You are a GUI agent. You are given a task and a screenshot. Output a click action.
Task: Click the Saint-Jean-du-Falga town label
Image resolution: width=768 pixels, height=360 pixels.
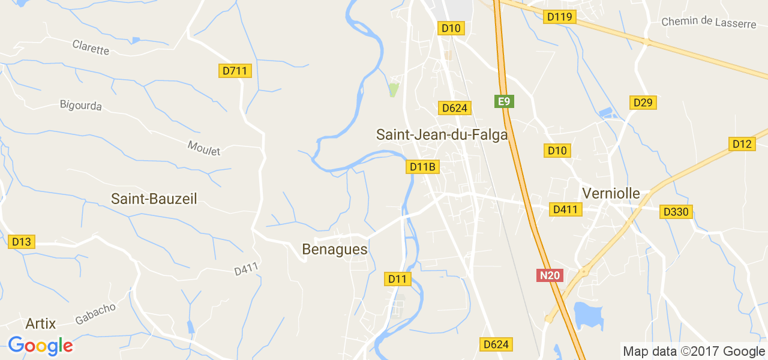pyautogui.click(x=442, y=134)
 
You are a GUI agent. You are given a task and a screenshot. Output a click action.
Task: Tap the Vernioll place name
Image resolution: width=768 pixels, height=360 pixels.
pyautogui.click(x=611, y=194)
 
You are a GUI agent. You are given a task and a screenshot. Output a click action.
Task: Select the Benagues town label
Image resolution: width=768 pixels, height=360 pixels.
pyautogui.click(x=335, y=249)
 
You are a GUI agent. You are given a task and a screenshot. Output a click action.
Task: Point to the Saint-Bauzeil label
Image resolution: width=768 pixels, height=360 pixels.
pyautogui.click(x=154, y=199)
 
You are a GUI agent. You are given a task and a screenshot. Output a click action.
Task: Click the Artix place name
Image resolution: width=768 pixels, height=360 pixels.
pyautogui.click(x=41, y=324)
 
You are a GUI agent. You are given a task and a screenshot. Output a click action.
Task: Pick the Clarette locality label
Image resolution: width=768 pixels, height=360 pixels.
pyautogui.click(x=91, y=47)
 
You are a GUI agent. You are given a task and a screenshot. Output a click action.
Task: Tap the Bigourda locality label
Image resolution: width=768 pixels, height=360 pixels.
pyautogui.click(x=81, y=106)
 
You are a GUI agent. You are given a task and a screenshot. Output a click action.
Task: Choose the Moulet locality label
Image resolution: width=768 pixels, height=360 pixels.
pyautogui.click(x=204, y=148)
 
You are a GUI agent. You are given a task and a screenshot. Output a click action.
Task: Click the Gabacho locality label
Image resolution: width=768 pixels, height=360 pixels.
pyautogui.click(x=95, y=313)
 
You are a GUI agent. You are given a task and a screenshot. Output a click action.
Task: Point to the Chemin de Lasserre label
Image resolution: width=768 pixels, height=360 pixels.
pyautogui.click(x=709, y=22)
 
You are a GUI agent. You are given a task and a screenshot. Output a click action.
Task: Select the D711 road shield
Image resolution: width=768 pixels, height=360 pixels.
pyautogui.click(x=235, y=71)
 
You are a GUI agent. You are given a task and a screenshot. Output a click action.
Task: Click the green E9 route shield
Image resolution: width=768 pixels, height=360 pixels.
pyautogui.click(x=504, y=101)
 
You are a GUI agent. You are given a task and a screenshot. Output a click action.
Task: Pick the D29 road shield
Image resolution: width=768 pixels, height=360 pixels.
pyautogui.click(x=643, y=103)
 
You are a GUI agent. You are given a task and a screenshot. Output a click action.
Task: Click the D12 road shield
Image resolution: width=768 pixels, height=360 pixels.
pyautogui.click(x=742, y=144)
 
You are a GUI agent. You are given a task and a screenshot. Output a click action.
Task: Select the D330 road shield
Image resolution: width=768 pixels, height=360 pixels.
pyautogui.click(x=676, y=212)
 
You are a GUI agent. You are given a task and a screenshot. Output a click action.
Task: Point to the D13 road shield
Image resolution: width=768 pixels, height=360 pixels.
pyautogui.click(x=22, y=242)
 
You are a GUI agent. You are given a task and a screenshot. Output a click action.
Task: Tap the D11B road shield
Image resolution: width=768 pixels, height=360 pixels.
pyautogui.click(x=422, y=167)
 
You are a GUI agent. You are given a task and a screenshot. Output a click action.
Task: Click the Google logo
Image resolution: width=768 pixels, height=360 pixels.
pyautogui.click(x=40, y=346)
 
